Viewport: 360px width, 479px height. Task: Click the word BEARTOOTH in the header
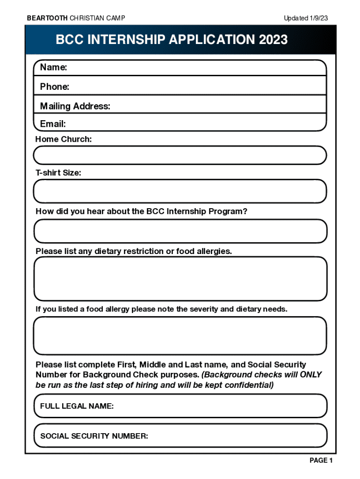47,18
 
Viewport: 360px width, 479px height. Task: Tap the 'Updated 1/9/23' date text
305,18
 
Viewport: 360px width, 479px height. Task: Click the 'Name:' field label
53,67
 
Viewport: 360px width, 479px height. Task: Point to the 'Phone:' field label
54,87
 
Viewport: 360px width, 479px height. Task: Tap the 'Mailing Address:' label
75,106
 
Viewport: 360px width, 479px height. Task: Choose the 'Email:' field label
52,124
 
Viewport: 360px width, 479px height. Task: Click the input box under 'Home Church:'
180,155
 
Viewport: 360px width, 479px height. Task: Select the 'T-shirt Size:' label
58,173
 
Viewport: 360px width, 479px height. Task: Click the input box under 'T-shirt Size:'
180,191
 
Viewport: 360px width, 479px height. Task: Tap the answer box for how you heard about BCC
180,231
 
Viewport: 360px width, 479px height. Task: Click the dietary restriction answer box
180,278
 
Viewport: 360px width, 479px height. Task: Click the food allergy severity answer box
180,336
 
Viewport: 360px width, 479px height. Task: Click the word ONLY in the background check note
310,375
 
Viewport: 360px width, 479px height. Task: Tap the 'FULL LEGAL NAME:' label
77,406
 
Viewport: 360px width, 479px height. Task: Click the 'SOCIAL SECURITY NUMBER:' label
94,436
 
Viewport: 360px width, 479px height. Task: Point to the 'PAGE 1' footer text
321,461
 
